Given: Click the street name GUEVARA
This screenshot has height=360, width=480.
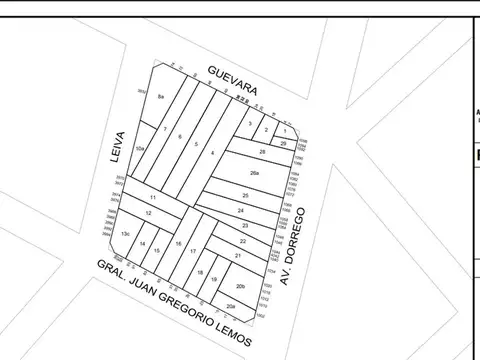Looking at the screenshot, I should (233, 81).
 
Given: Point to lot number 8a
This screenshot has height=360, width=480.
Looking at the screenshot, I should (161, 96).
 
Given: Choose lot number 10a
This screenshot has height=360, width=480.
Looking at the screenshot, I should (141, 148).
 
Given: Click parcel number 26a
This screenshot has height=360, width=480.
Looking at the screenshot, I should (255, 173).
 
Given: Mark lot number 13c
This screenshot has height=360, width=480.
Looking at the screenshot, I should (126, 233).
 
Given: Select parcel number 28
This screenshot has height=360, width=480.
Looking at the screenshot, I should (262, 151).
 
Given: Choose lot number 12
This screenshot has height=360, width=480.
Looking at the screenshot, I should (148, 213).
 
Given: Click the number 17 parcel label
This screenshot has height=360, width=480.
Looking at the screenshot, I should (192, 251).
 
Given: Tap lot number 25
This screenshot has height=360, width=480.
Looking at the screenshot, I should (245, 195).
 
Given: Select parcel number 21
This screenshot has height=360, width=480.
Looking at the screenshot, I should (238, 257).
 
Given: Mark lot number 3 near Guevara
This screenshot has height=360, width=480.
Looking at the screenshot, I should (249, 123).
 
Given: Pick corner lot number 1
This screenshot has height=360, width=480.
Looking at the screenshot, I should (285, 131).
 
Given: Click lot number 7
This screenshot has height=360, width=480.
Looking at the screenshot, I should (164, 130).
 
